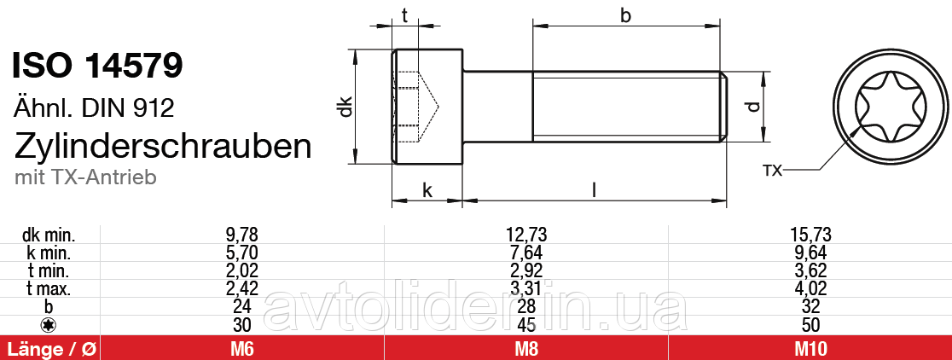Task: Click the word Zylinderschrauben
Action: coord(163,146)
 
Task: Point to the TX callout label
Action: coord(771,171)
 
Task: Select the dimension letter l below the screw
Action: coord(594,189)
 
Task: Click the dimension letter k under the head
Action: coord(427,190)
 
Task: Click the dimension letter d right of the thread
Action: coord(752,107)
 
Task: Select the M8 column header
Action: coord(525,348)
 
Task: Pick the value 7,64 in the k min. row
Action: coord(525,253)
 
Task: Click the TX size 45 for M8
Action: coord(525,324)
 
